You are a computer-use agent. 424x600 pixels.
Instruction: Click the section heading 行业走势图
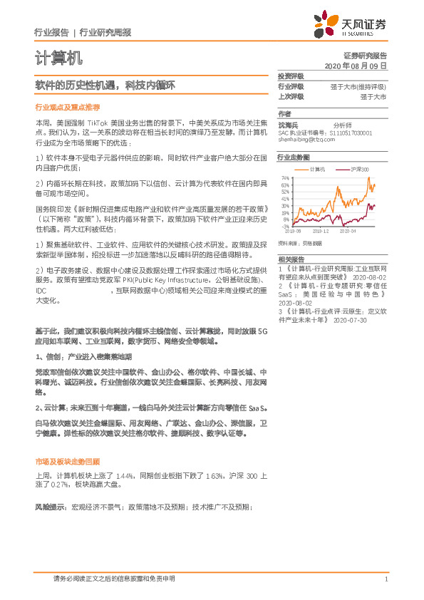tap(294, 157)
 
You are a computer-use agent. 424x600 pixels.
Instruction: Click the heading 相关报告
tap(291, 259)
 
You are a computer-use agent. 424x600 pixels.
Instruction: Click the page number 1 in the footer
tap(386, 579)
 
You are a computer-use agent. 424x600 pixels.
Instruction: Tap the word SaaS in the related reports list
tap(289, 294)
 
